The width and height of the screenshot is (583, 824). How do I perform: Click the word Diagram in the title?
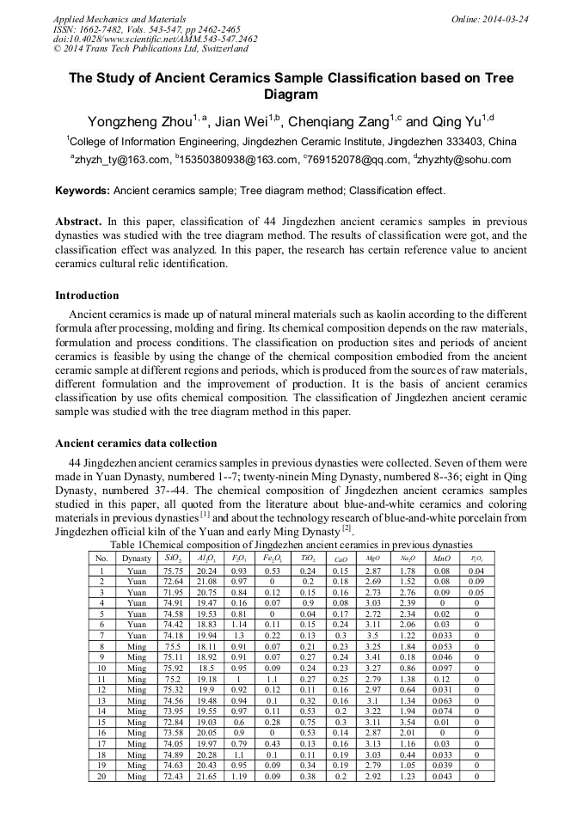click(x=291, y=95)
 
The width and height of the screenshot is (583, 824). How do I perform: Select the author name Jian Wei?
click(x=255, y=121)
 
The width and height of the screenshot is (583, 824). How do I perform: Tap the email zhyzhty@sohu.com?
click(x=464, y=160)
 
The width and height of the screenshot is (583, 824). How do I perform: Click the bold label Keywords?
click(x=83, y=190)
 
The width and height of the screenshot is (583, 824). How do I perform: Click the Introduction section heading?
click(x=87, y=296)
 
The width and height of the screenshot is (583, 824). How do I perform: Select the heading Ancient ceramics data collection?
click(x=136, y=443)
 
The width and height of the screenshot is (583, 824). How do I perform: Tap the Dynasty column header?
click(x=137, y=558)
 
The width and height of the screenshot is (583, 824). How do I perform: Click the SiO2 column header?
click(x=172, y=558)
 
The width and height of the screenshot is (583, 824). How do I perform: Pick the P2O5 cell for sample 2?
click(x=476, y=582)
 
